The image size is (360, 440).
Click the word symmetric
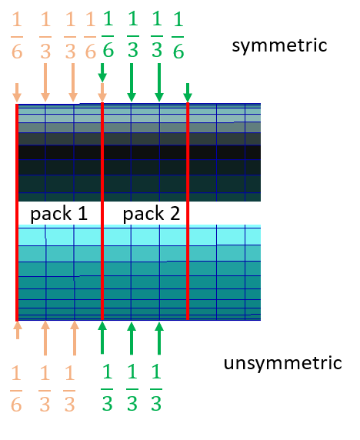click(x=279, y=46)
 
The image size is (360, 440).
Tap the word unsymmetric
click(x=282, y=363)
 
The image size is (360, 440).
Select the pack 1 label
click(x=59, y=214)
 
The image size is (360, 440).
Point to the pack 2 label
click(x=152, y=214)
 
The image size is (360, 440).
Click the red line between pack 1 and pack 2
click(x=102, y=211)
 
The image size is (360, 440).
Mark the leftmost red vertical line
click(x=17, y=212)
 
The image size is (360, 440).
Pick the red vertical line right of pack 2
click(x=188, y=211)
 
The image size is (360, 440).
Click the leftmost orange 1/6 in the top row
click(x=17, y=35)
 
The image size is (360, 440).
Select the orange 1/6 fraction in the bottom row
click(x=16, y=388)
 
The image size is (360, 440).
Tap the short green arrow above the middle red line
click(x=102, y=72)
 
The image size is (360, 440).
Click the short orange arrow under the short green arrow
click(x=102, y=92)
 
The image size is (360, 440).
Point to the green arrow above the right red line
click(x=188, y=92)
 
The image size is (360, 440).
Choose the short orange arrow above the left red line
click(x=17, y=92)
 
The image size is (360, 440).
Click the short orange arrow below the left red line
click(x=18, y=330)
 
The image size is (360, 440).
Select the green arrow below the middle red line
click(x=102, y=338)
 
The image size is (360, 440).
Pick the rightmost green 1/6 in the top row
click(x=178, y=35)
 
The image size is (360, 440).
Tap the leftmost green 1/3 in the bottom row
click(x=107, y=387)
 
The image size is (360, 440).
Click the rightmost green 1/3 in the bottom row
click(x=156, y=387)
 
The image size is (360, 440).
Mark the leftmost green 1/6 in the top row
click(x=108, y=35)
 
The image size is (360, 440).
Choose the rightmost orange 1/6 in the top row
click(x=90, y=35)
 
